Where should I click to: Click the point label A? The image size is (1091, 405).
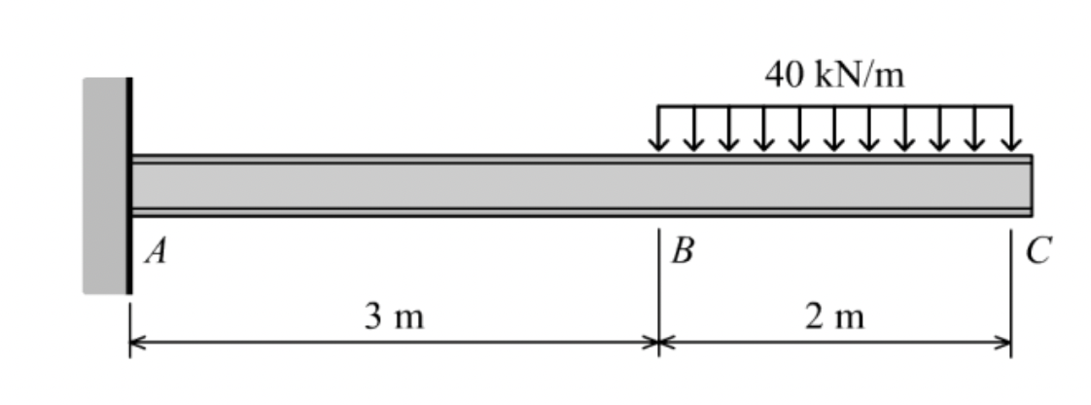click(154, 254)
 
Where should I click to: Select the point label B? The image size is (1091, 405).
click(684, 254)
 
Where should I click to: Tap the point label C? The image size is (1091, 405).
click(1038, 254)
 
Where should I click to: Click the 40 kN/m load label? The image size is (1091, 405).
click(834, 75)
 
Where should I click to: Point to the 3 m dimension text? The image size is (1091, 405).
click(394, 316)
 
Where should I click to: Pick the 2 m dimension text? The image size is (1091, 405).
click(834, 316)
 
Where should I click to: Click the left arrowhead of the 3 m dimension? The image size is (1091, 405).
click(137, 343)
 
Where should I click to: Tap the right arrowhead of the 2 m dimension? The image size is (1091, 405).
click(1003, 343)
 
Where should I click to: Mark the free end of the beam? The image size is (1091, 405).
click(1030, 185)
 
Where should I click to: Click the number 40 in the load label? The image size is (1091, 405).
click(783, 75)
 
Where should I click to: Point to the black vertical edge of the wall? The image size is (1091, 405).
click(128, 185)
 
